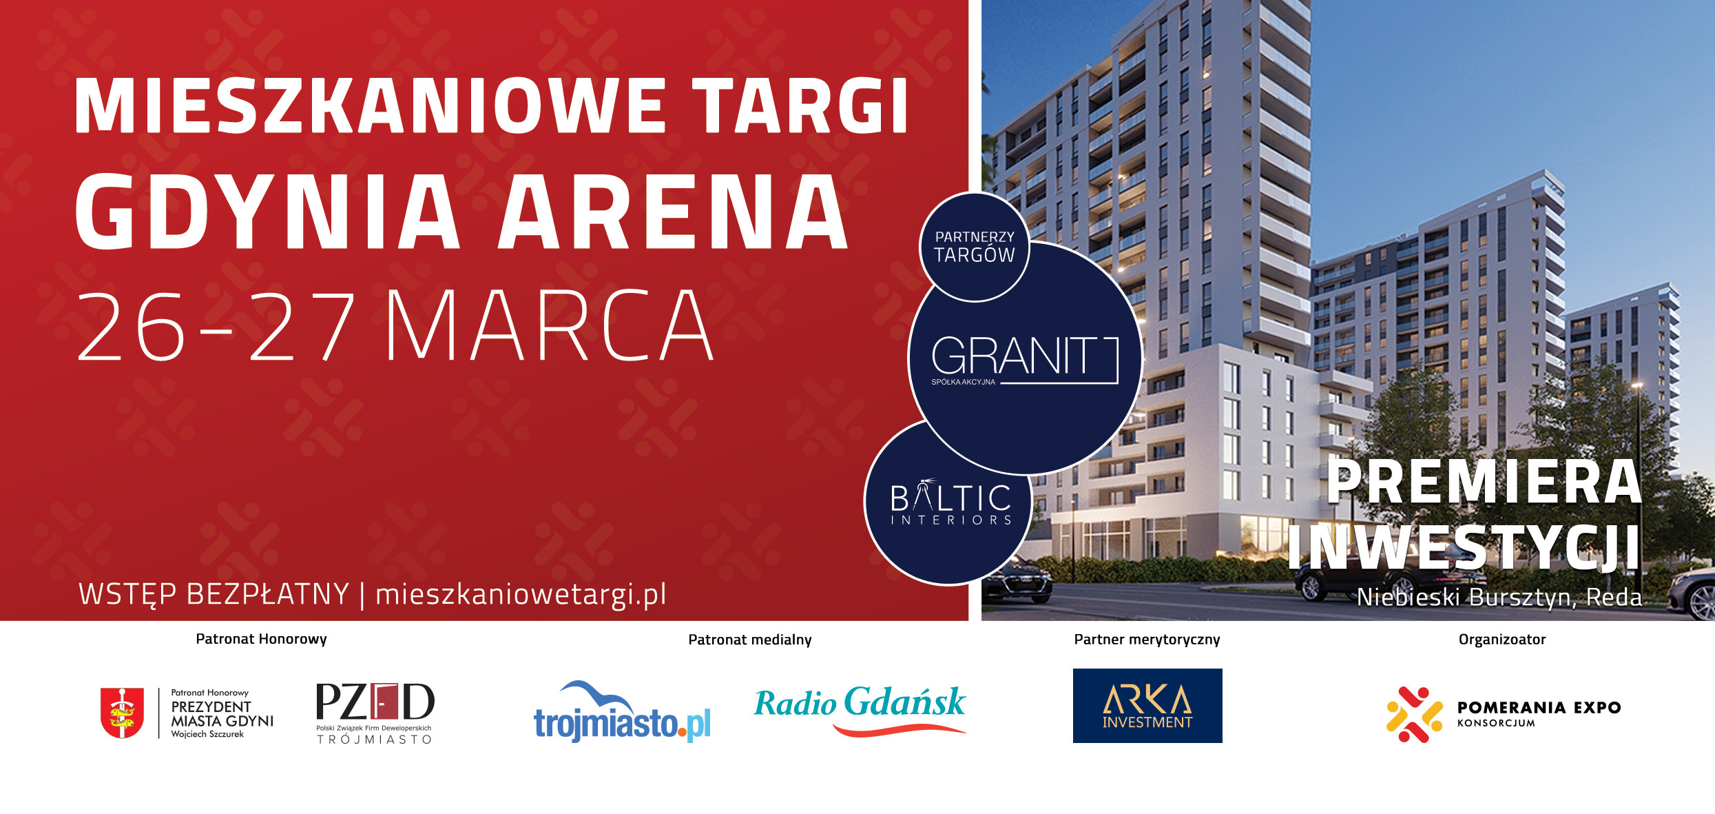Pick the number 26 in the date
click(x=132, y=325)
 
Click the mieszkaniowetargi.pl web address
click(x=521, y=594)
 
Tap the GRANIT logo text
click(x=1013, y=356)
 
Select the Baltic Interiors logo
click(x=950, y=502)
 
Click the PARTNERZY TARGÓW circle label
click(x=974, y=247)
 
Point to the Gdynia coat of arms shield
click(x=122, y=713)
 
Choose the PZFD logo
click(x=375, y=713)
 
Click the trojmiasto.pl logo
click(x=622, y=712)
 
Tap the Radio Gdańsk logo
click(x=860, y=709)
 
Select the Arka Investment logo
click(x=1147, y=706)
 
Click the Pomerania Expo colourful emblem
click(x=1414, y=715)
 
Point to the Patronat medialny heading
click(x=750, y=640)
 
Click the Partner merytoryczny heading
click(x=1147, y=640)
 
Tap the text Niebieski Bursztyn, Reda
click(x=1499, y=597)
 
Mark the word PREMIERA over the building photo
click(x=1484, y=482)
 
